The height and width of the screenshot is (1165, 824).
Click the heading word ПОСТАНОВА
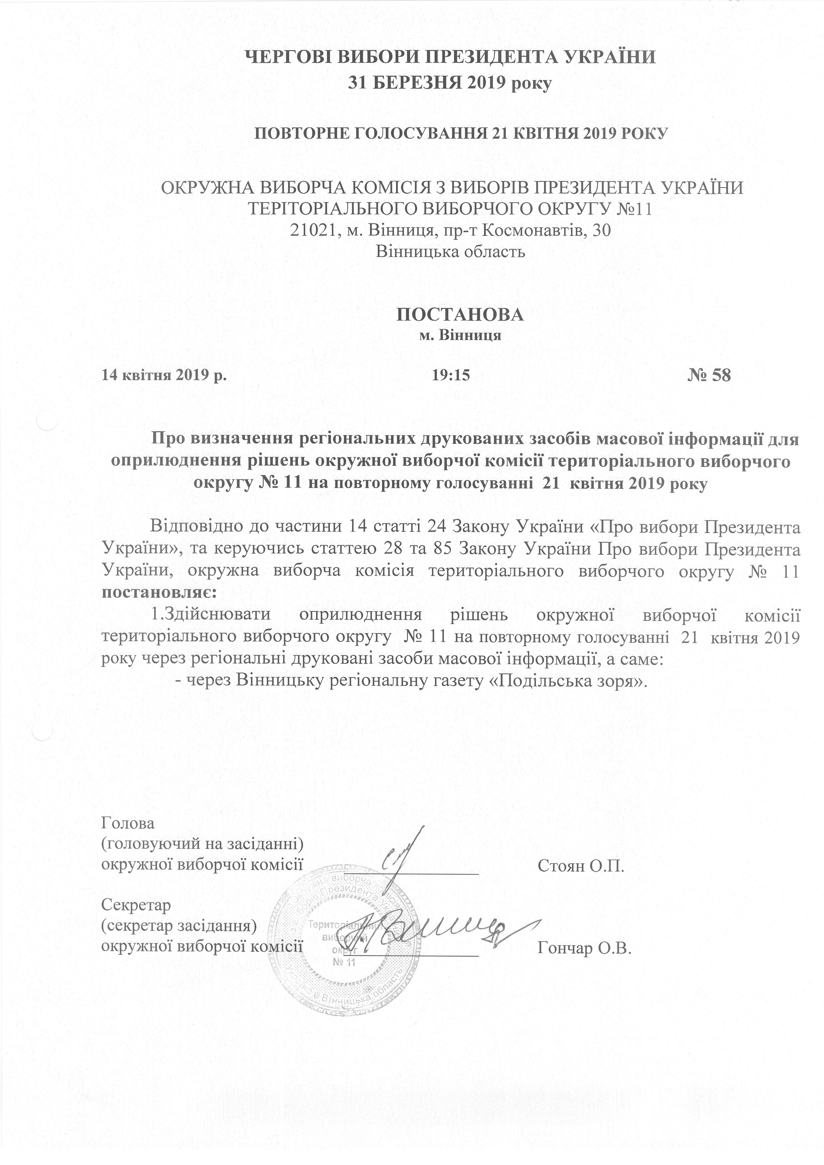[x=459, y=314]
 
